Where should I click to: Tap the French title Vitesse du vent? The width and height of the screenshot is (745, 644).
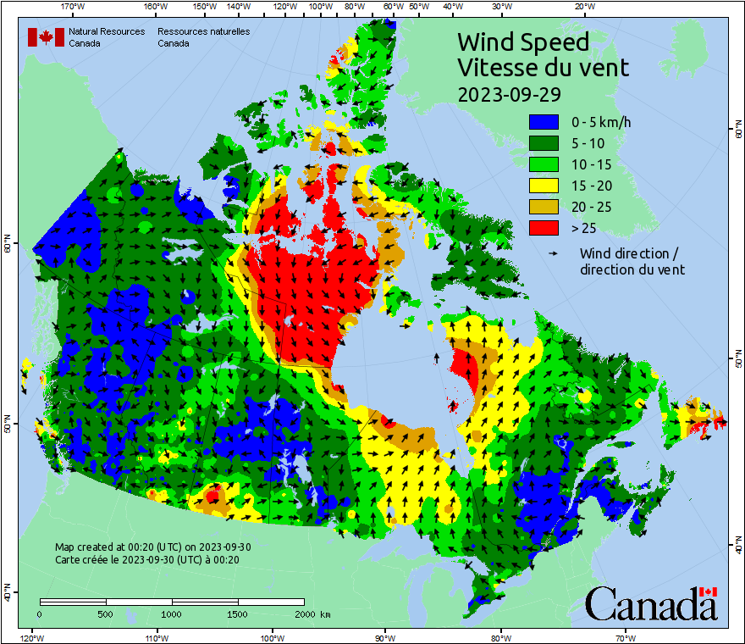[543, 67]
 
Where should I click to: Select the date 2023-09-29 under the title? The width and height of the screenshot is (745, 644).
[508, 93]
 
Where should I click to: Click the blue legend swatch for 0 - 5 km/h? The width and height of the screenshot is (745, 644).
[544, 123]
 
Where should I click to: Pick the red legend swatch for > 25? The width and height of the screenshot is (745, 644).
[544, 228]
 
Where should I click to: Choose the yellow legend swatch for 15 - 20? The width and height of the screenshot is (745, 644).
[544, 186]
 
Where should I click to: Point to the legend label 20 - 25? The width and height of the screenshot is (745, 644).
[589, 207]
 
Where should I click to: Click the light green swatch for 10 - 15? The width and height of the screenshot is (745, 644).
[544, 164]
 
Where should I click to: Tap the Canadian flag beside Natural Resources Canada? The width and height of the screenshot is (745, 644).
[46, 37]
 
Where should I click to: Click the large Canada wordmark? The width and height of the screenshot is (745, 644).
[650, 604]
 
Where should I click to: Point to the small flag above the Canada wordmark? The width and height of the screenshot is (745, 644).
[708, 591]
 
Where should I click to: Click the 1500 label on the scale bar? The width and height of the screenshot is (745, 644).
[237, 613]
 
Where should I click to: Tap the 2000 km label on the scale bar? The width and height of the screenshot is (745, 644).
[312, 613]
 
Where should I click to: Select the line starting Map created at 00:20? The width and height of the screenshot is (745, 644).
[152, 547]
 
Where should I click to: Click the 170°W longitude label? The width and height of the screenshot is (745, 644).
[74, 7]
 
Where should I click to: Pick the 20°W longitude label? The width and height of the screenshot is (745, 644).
[582, 7]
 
